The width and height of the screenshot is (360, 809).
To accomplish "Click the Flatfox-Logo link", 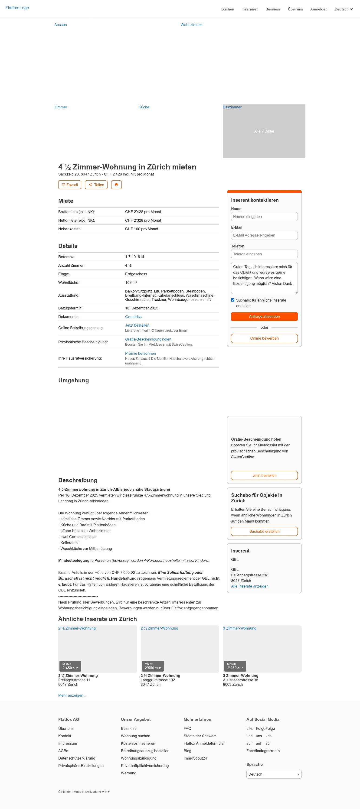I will pyautogui.click(x=17, y=8).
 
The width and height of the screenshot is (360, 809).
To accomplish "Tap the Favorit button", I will pyautogui.click(x=70, y=185).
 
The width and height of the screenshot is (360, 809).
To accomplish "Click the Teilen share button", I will pyautogui.click(x=96, y=185).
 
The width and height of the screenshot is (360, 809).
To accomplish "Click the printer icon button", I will pyautogui.click(x=116, y=185).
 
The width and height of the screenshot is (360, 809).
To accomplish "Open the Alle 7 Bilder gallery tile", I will pyautogui.click(x=264, y=131).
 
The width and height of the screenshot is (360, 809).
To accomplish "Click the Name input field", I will pyautogui.click(x=264, y=217).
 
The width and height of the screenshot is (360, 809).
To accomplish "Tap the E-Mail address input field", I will pyautogui.click(x=264, y=235).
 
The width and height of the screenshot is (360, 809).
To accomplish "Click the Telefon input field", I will pyautogui.click(x=264, y=254).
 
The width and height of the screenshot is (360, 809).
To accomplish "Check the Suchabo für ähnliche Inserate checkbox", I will pyautogui.click(x=233, y=300).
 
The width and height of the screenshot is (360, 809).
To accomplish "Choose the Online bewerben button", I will pyautogui.click(x=264, y=338).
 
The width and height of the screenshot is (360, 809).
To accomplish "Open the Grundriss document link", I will pyautogui.click(x=133, y=317).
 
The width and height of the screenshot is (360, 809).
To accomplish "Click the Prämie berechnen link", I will pyautogui.click(x=141, y=353).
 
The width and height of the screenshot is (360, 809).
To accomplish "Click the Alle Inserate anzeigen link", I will pyautogui.click(x=250, y=586).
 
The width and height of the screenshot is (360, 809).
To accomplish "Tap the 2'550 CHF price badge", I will pyautogui.click(x=152, y=666).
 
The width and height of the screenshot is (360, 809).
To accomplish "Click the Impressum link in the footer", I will pyautogui.click(x=68, y=743).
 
